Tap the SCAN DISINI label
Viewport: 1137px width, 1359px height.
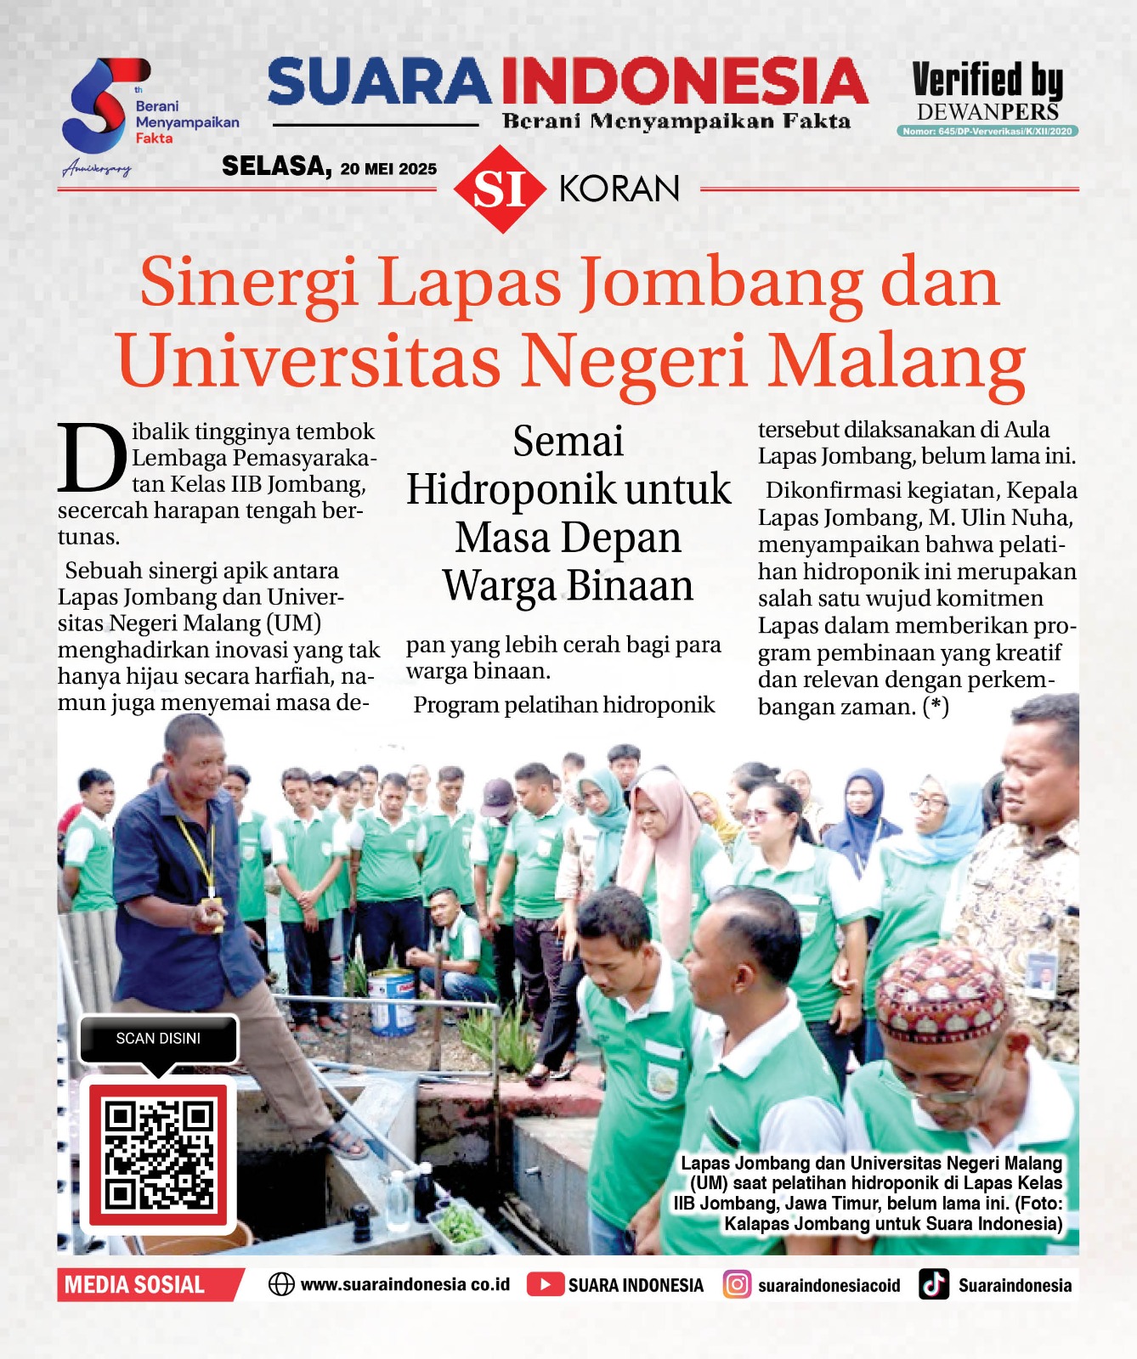tap(158, 1039)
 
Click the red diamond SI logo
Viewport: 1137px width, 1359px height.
tap(499, 189)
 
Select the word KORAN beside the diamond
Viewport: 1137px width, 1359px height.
tap(619, 189)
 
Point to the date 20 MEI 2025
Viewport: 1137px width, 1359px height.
tap(388, 169)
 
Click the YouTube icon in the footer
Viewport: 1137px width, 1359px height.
tap(544, 1284)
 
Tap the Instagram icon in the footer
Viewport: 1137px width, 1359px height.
tap(737, 1284)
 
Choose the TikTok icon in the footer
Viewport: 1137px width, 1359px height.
tap(934, 1284)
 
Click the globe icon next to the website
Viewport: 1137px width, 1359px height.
tap(281, 1284)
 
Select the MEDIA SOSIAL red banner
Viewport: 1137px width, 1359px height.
tap(136, 1284)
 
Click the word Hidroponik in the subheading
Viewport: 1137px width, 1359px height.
tap(512, 490)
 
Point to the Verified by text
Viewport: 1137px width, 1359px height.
tap(987, 80)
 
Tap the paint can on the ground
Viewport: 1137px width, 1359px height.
tap(392, 1001)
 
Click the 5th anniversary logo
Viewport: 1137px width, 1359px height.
tap(100, 106)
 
